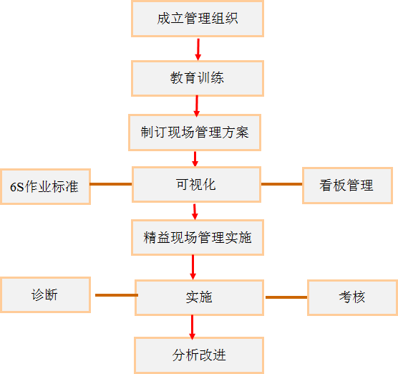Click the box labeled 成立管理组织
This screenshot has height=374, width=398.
[x=198, y=19]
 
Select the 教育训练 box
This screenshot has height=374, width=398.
[x=198, y=78]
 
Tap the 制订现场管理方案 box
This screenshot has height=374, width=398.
[x=195, y=133]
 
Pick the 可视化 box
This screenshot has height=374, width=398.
[x=196, y=184]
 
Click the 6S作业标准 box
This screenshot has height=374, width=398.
[x=45, y=186]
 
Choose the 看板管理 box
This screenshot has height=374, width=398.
[x=347, y=186]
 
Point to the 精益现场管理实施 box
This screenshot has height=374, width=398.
[x=198, y=238]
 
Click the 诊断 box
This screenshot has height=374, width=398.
[x=45, y=294]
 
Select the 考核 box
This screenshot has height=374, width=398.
[x=353, y=297]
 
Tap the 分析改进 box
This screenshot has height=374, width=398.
[x=199, y=355]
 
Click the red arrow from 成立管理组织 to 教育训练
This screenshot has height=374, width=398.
[x=198, y=49]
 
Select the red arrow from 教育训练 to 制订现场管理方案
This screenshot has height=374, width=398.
[x=197, y=106]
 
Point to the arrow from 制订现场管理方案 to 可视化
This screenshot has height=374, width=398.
[x=195, y=159]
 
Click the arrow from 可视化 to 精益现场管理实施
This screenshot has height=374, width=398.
[x=195, y=211]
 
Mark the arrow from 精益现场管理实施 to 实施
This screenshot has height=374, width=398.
[x=193, y=267]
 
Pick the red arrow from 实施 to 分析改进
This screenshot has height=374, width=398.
[x=192, y=327]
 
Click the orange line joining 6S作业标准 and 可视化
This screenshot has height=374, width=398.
[x=111, y=184]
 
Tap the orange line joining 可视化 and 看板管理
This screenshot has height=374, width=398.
[x=282, y=184]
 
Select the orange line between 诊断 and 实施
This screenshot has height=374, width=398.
[x=117, y=295]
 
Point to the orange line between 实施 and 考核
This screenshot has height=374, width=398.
[x=286, y=297]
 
